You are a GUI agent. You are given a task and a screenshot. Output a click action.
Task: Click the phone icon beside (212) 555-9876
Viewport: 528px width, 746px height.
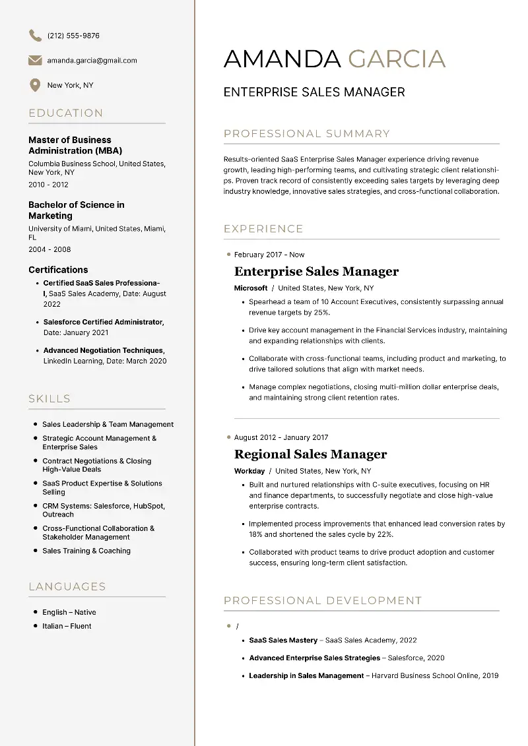pos(35,36)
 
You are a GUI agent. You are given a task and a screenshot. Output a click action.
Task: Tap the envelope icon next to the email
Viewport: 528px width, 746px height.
pos(35,61)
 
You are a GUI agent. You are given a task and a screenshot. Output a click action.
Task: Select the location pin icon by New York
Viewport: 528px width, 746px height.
pos(35,85)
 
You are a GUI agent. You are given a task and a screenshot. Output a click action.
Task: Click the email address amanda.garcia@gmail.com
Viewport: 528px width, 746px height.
pos(92,61)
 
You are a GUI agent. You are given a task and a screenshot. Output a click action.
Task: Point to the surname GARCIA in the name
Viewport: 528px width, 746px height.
pos(397,59)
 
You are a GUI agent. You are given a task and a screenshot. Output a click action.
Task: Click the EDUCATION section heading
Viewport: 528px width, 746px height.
pos(66,113)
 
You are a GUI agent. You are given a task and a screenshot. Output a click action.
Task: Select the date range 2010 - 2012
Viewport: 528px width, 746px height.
pos(48,185)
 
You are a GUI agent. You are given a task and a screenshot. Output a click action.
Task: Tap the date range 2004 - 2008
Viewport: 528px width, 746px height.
pos(49,249)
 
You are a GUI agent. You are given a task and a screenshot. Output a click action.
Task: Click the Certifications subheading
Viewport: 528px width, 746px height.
pos(58,270)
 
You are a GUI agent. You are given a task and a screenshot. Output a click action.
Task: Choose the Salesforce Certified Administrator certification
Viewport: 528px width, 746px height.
pos(103,322)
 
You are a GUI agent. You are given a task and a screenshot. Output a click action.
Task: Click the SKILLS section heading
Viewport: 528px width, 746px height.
pos(49,398)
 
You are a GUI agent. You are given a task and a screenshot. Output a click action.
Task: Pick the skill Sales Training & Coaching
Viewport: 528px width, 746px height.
pos(86,551)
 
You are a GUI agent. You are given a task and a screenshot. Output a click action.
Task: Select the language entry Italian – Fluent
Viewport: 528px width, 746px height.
pos(67,626)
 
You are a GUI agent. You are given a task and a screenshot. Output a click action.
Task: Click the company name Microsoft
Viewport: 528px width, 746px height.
pos(251,288)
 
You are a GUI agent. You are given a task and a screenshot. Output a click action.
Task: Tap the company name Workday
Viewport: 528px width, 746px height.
pos(249,471)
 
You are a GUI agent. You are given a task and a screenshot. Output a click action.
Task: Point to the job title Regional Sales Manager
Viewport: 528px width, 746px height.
pos(310,454)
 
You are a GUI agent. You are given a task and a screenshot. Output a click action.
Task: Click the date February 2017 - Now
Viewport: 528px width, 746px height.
pos(269,255)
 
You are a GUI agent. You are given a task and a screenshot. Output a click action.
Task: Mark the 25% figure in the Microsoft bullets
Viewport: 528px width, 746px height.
pos(321,313)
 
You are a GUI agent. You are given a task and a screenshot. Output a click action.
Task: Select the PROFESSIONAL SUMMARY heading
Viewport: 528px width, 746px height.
pos(307,134)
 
